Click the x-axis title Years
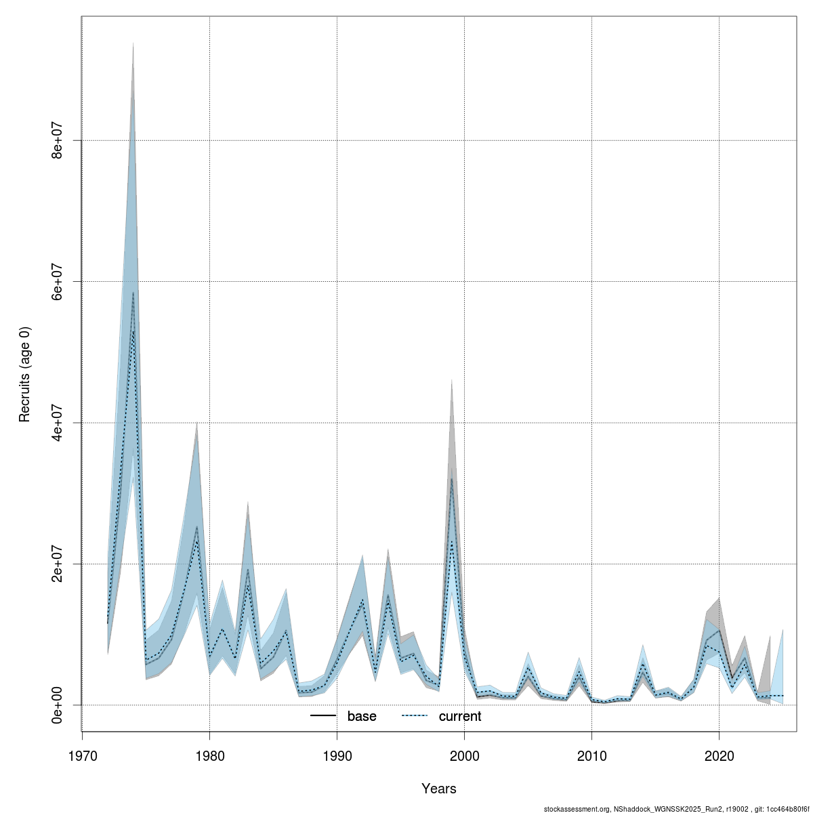438,789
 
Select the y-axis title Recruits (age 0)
25,374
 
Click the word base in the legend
362,716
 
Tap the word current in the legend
460,716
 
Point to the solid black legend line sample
324,716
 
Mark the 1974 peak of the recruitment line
133,293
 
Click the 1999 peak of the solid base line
451,479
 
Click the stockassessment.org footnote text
675,809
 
